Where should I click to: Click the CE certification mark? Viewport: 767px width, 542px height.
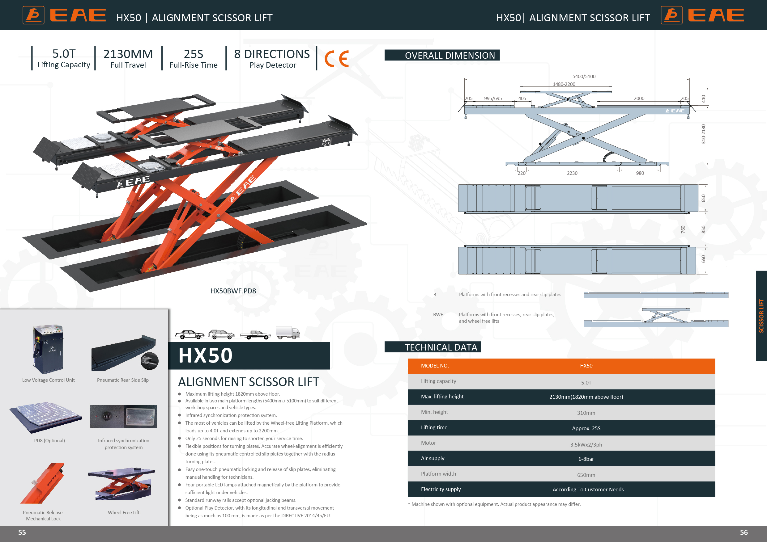click(336, 59)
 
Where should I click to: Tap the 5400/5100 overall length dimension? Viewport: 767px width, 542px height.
click(584, 76)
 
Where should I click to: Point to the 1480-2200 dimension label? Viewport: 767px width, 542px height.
click(564, 84)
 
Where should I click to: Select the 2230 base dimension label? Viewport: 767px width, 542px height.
click(572, 173)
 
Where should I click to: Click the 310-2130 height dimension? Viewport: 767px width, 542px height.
click(703, 134)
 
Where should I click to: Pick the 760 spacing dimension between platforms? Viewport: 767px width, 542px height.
click(683, 229)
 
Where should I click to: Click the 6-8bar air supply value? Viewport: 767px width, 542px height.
click(586, 459)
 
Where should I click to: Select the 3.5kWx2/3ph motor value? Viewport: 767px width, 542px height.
click(586, 444)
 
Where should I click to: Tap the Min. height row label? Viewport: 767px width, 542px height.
click(434, 412)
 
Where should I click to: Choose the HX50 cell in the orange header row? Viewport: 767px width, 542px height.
click(586, 366)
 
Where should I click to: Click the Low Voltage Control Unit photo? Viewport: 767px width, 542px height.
click(48, 349)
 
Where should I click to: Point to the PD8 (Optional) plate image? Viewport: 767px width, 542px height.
click(45, 418)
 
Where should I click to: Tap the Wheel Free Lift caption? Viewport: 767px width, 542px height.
click(124, 512)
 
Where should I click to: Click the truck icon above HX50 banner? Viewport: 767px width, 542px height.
click(288, 333)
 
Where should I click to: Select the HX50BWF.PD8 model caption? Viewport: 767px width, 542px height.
click(233, 291)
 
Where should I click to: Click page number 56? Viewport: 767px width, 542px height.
click(744, 532)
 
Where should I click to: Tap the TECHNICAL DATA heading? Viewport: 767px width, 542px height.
click(441, 347)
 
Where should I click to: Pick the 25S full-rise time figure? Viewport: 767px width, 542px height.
click(194, 54)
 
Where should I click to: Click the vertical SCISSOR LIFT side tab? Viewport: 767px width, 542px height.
click(761, 315)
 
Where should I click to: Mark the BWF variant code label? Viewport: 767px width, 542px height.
click(438, 314)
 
